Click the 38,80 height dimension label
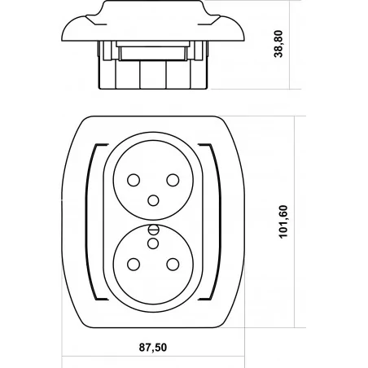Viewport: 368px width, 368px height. point(278,44)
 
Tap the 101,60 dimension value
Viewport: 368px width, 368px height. point(283,222)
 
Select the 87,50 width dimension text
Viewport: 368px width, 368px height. point(153,348)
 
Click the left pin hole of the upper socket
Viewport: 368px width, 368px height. point(134,180)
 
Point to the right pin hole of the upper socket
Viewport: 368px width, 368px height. point(173,180)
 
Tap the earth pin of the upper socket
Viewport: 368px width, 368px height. point(153,200)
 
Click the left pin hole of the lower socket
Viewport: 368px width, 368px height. point(134,265)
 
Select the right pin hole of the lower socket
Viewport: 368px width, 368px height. point(173,265)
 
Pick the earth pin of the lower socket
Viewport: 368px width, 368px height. point(153,243)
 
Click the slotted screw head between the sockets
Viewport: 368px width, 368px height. point(153,230)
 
